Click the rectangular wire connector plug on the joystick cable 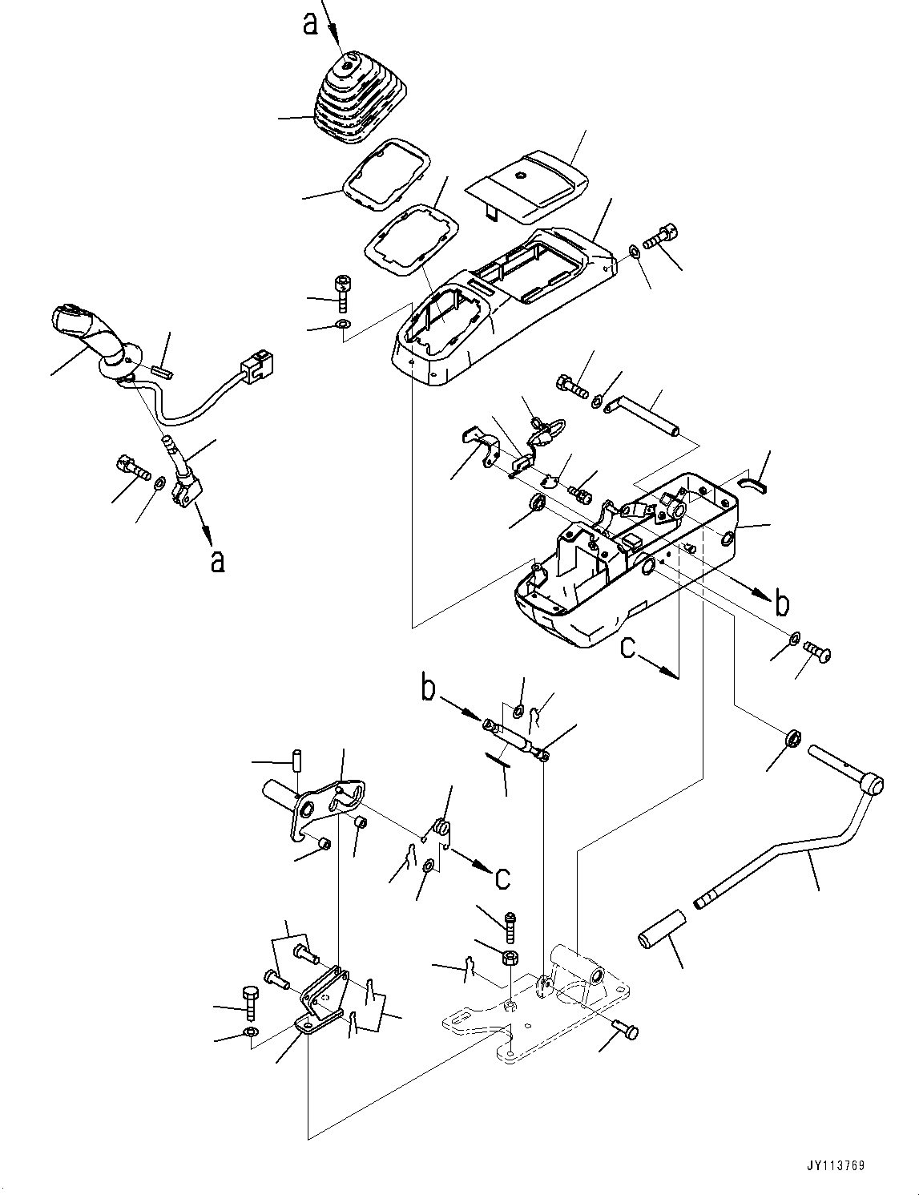tap(256, 368)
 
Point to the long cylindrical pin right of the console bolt tap(652, 418)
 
